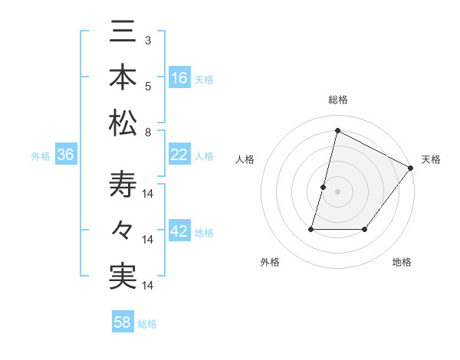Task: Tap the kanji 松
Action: pyautogui.click(x=123, y=122)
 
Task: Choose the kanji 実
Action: pyautogui.click(x=123, y=276)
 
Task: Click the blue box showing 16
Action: pyautogui.click(x=180, y=77)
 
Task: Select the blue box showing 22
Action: pyautogui.click(x=180, y=155)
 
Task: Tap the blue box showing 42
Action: pyautogui.click(x=180, y=232)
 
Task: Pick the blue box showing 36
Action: pyautogui.click(x=66, y=155)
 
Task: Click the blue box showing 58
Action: pyautogui.click(x=123, y=322)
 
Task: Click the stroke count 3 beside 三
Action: pyautogui.click(x=147, y=40)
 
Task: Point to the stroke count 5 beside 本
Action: pyautogui.click(x=147, y=86)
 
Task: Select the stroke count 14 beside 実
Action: pyautogui.click(x=149, y=286)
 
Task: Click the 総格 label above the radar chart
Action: pyautogui.click(x=337, y=100)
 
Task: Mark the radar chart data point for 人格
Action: pyautogui.click(x=324, y=187)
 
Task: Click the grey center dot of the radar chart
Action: pyautogui.click(x=337, y=191)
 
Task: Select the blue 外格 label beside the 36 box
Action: pyautogui.click(x=41, y=156)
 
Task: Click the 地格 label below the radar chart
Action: pyautogui.click(x=402, y=263)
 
